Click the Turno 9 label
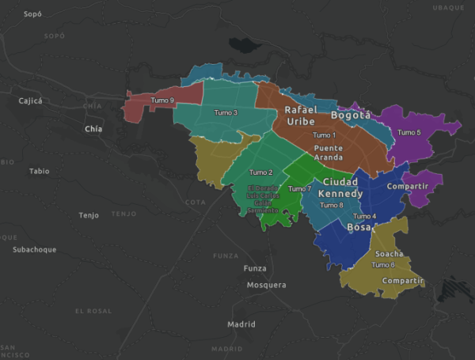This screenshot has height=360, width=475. tap(161, 100)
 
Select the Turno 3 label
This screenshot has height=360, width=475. tap(226, 112)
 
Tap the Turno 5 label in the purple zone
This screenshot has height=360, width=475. tap(408, 132)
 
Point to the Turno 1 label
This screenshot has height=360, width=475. tap(324, 135)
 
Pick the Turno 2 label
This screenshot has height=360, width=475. tap(260, 172)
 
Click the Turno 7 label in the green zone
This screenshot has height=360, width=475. tap(300, 189)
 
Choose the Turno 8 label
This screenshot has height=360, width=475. tap(331, 206)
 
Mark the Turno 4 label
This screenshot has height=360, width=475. tap(364, 216)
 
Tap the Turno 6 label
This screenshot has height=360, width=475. tap(382, 265)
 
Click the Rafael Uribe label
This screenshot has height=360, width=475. tap(300, 116)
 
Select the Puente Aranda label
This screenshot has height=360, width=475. tap(328, 153)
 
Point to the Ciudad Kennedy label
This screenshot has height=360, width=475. tap(341, 188)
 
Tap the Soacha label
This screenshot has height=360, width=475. tap(389, 254)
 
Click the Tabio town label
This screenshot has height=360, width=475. tap(39, 171)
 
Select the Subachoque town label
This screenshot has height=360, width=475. tap(35, 250)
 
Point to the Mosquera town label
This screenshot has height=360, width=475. tap(266, 285)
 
